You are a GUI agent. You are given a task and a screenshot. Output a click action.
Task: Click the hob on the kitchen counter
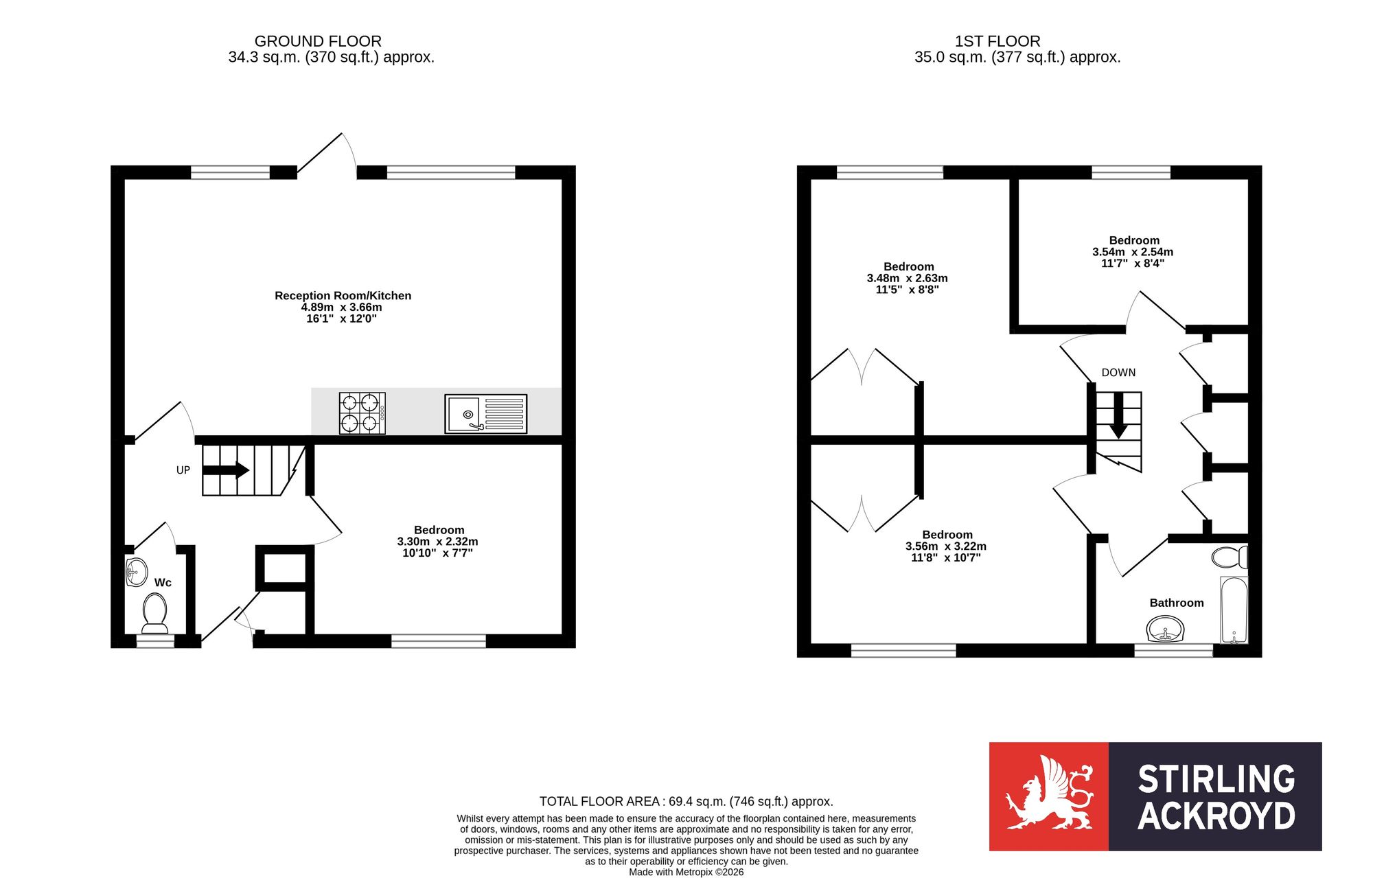(362, 413)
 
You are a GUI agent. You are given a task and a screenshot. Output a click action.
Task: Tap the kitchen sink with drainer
(486, 413)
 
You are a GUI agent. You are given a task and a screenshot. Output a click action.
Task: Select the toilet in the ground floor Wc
(154, 613)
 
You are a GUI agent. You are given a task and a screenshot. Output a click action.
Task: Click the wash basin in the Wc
(137, 572)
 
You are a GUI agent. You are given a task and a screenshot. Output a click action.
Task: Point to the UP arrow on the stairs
(226, 470)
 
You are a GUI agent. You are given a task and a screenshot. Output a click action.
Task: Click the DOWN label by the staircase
(1118, 373)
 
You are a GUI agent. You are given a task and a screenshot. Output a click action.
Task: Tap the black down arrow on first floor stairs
(1118, 416)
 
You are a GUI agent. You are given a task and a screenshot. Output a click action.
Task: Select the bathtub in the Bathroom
(1234, 610)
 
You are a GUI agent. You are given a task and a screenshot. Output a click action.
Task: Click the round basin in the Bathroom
(1166, 628)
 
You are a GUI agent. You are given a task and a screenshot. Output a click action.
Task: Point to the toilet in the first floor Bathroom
(1230, 557)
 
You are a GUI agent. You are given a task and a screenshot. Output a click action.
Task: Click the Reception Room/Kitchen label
(343, 296)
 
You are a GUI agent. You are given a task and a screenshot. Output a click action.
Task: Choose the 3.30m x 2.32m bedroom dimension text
(438, 542)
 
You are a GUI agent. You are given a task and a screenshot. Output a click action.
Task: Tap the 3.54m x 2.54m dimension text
(1133, 252)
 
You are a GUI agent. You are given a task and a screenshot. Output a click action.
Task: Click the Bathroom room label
(1177, 603)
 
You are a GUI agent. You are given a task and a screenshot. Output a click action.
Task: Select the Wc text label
(163, 583)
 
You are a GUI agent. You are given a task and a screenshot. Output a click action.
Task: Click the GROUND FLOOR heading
(318, 41)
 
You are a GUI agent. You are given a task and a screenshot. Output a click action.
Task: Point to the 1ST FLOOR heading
(997, 41)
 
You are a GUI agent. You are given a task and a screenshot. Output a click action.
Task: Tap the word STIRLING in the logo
(1216, 779)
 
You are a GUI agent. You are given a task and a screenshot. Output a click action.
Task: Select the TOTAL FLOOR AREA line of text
(686, 801)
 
